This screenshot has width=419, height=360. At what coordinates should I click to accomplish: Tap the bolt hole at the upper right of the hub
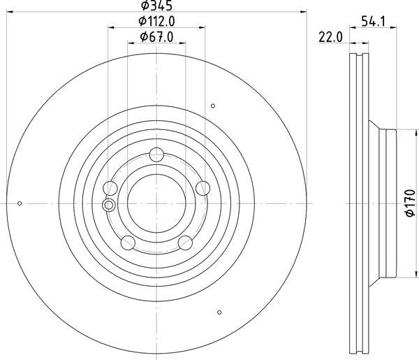(203, 188)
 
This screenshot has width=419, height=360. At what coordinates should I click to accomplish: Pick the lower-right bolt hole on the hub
(185, 242)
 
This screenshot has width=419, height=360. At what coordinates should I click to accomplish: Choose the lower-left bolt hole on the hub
(128, 242)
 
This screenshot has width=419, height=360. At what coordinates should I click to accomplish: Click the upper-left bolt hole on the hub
(110, 188)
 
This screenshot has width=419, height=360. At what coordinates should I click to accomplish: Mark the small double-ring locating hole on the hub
(108, 205)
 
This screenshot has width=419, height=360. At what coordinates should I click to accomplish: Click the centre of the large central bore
(156, 203)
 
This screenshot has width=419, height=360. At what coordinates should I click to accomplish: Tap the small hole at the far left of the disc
(20, 203)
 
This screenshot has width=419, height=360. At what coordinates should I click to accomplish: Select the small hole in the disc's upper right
(213, 106)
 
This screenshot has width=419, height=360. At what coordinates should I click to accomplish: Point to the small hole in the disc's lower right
(219, 312)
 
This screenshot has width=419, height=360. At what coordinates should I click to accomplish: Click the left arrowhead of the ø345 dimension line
(9, 11)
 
